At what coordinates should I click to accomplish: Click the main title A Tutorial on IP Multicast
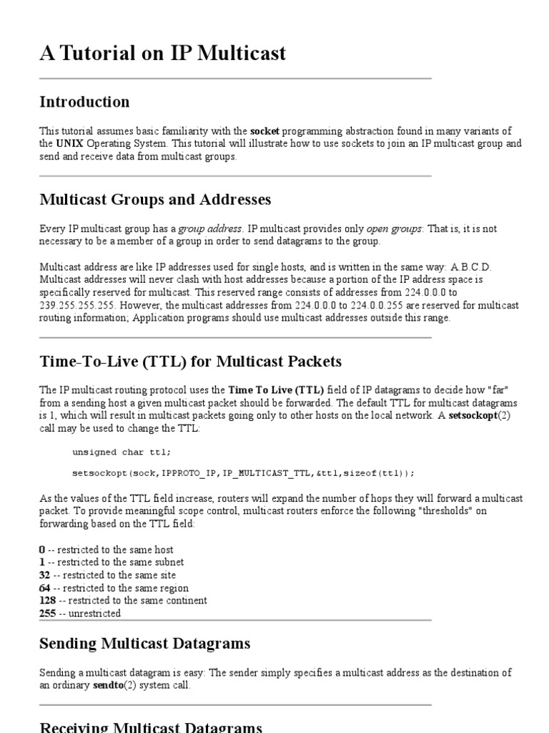tap(163, 54)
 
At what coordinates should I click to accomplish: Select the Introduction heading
tap(84, 102)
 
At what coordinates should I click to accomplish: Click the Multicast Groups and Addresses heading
tap(155, 198)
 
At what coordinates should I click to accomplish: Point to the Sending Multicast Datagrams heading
tap(144, 644)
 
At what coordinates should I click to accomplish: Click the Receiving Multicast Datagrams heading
tap(150, 726)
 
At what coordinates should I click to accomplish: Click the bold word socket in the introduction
tap(264, 131)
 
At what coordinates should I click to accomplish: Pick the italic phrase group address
tap(211, 228)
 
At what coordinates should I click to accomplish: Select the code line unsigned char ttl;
tap(122, 452)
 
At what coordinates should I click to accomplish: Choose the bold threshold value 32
tap(46, 575)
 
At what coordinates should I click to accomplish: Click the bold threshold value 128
tap(49, 601)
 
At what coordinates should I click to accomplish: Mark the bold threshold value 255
tap(49, 613)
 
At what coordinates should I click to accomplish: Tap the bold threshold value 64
tap(46, 588)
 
